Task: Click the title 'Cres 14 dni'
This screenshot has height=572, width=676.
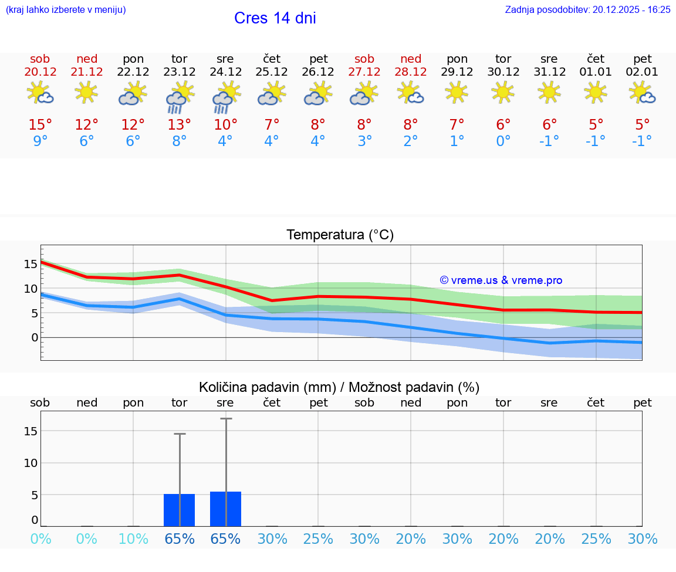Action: coord(275,18)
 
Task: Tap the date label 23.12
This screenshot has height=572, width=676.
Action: coord(179,72)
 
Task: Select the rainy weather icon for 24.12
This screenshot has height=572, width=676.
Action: coord(225,97)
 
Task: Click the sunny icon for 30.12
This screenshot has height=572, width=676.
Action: coord(503,92)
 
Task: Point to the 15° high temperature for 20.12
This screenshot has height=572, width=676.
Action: coord(40,125)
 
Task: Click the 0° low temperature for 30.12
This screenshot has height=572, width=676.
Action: coord(503,141)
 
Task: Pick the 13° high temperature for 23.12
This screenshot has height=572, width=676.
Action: coord(179,125)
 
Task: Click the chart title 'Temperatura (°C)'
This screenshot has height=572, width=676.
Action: coord(340,235)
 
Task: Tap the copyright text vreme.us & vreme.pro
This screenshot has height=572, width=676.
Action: coord(501,280)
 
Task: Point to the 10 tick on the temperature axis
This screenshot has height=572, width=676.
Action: coord(31,289)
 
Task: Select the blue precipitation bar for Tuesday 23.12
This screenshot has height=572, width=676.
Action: coord(179,510)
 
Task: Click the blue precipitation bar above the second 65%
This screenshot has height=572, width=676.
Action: coord(225,509)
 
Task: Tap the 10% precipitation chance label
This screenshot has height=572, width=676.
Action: coord(133,539)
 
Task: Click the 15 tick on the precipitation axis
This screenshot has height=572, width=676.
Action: coord(31,431)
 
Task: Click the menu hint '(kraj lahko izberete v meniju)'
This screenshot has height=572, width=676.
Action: coord(66,9)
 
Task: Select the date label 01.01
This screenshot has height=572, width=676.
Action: coord(596,72)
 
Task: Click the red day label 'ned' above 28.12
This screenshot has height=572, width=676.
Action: coord(411,59)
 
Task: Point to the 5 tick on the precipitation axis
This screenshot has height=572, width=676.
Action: coord(35,495)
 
